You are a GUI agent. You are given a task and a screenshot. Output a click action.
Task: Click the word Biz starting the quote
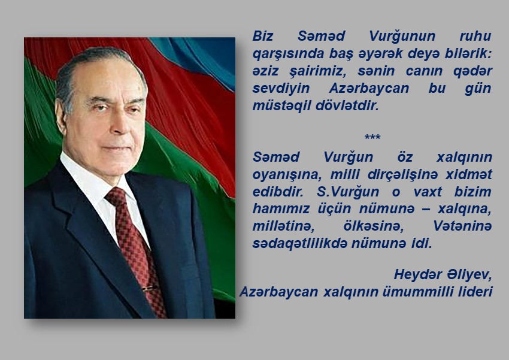coord(263,36)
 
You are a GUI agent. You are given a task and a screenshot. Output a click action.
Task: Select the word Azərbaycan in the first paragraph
coord(369,88)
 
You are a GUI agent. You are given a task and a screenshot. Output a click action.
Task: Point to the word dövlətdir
coord(347,106)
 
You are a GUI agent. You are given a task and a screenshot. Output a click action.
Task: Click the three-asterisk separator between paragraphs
coord(372,137)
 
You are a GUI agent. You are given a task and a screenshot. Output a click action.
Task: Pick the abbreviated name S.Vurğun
coord(348,192)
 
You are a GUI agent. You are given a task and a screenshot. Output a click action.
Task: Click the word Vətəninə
coord(462,226)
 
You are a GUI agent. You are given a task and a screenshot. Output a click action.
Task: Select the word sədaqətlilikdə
coord(300,243)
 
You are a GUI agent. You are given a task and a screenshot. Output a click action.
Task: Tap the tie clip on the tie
coord(150,288)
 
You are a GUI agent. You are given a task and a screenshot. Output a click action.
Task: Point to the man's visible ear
coord(60,117)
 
